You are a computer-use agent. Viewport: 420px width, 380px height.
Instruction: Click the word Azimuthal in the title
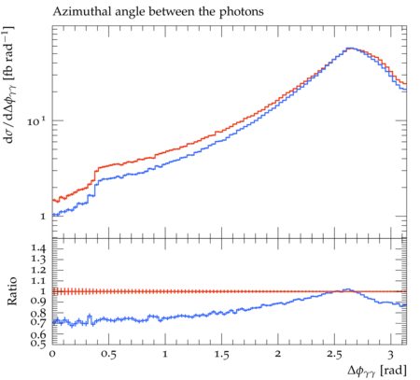pos(82,12)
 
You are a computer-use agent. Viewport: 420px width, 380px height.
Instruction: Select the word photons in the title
pos(242,12)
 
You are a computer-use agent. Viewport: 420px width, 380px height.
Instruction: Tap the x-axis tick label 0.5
pos(108,355)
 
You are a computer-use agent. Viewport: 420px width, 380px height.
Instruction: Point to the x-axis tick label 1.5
pos(221,355)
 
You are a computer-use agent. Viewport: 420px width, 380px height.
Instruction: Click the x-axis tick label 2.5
pos(334,355)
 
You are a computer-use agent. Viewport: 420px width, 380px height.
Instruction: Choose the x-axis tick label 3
pos(390,355)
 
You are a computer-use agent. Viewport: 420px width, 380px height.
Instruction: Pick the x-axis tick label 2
pos(278,354)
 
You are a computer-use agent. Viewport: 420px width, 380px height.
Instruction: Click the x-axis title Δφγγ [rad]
pos(377,371)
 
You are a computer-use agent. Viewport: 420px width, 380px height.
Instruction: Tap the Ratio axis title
pos(12,290)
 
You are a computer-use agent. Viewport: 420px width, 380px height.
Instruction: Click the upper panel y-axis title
pos(9,85)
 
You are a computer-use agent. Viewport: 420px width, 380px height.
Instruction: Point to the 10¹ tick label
pos(36,121)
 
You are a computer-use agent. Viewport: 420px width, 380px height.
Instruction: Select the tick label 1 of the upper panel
pos(43,217)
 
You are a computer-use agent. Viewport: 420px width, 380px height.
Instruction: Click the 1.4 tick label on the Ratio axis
pos(38,248)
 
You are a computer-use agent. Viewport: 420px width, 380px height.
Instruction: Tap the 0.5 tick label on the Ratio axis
pos(38,344)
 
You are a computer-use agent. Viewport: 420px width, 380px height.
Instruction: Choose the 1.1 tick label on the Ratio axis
pos(38,281)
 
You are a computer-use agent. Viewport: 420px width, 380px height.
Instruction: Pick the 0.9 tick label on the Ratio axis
pos(38,302)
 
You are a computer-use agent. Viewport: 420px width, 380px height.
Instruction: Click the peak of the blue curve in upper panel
pos(350,49)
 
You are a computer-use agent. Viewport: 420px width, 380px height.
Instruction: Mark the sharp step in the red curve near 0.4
pos(94,175)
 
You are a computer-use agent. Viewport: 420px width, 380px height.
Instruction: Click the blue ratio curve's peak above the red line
pos(348,289)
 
